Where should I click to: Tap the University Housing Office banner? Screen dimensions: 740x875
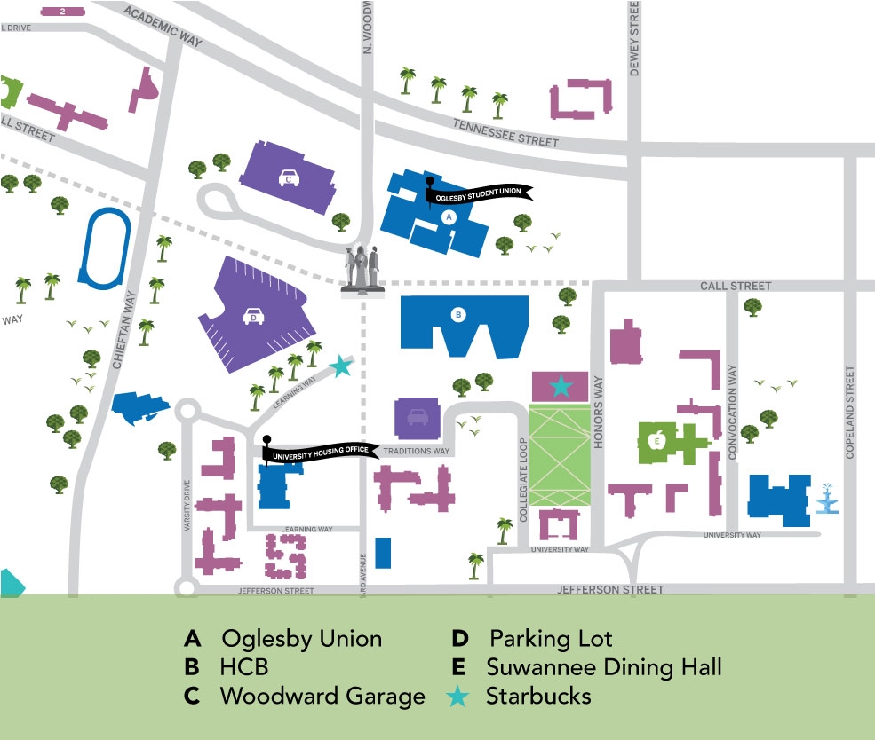[x=319, y=452]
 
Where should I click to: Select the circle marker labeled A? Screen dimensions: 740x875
[x=448, y=216]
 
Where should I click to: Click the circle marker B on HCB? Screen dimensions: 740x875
[x=458, y=314]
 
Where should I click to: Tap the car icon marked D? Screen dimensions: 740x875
[x=252, y=315]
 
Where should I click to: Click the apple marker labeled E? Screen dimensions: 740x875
[x=658, y=439]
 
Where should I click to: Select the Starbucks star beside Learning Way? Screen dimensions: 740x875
[x=339, y=366]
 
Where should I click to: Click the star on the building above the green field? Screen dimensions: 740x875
[x=561, y=386]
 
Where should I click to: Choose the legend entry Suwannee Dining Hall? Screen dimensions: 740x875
[x=603, y=666]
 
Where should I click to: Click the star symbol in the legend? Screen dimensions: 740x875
[x=457, y=697]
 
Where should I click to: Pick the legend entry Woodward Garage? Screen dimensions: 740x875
[x=322, y=697]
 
